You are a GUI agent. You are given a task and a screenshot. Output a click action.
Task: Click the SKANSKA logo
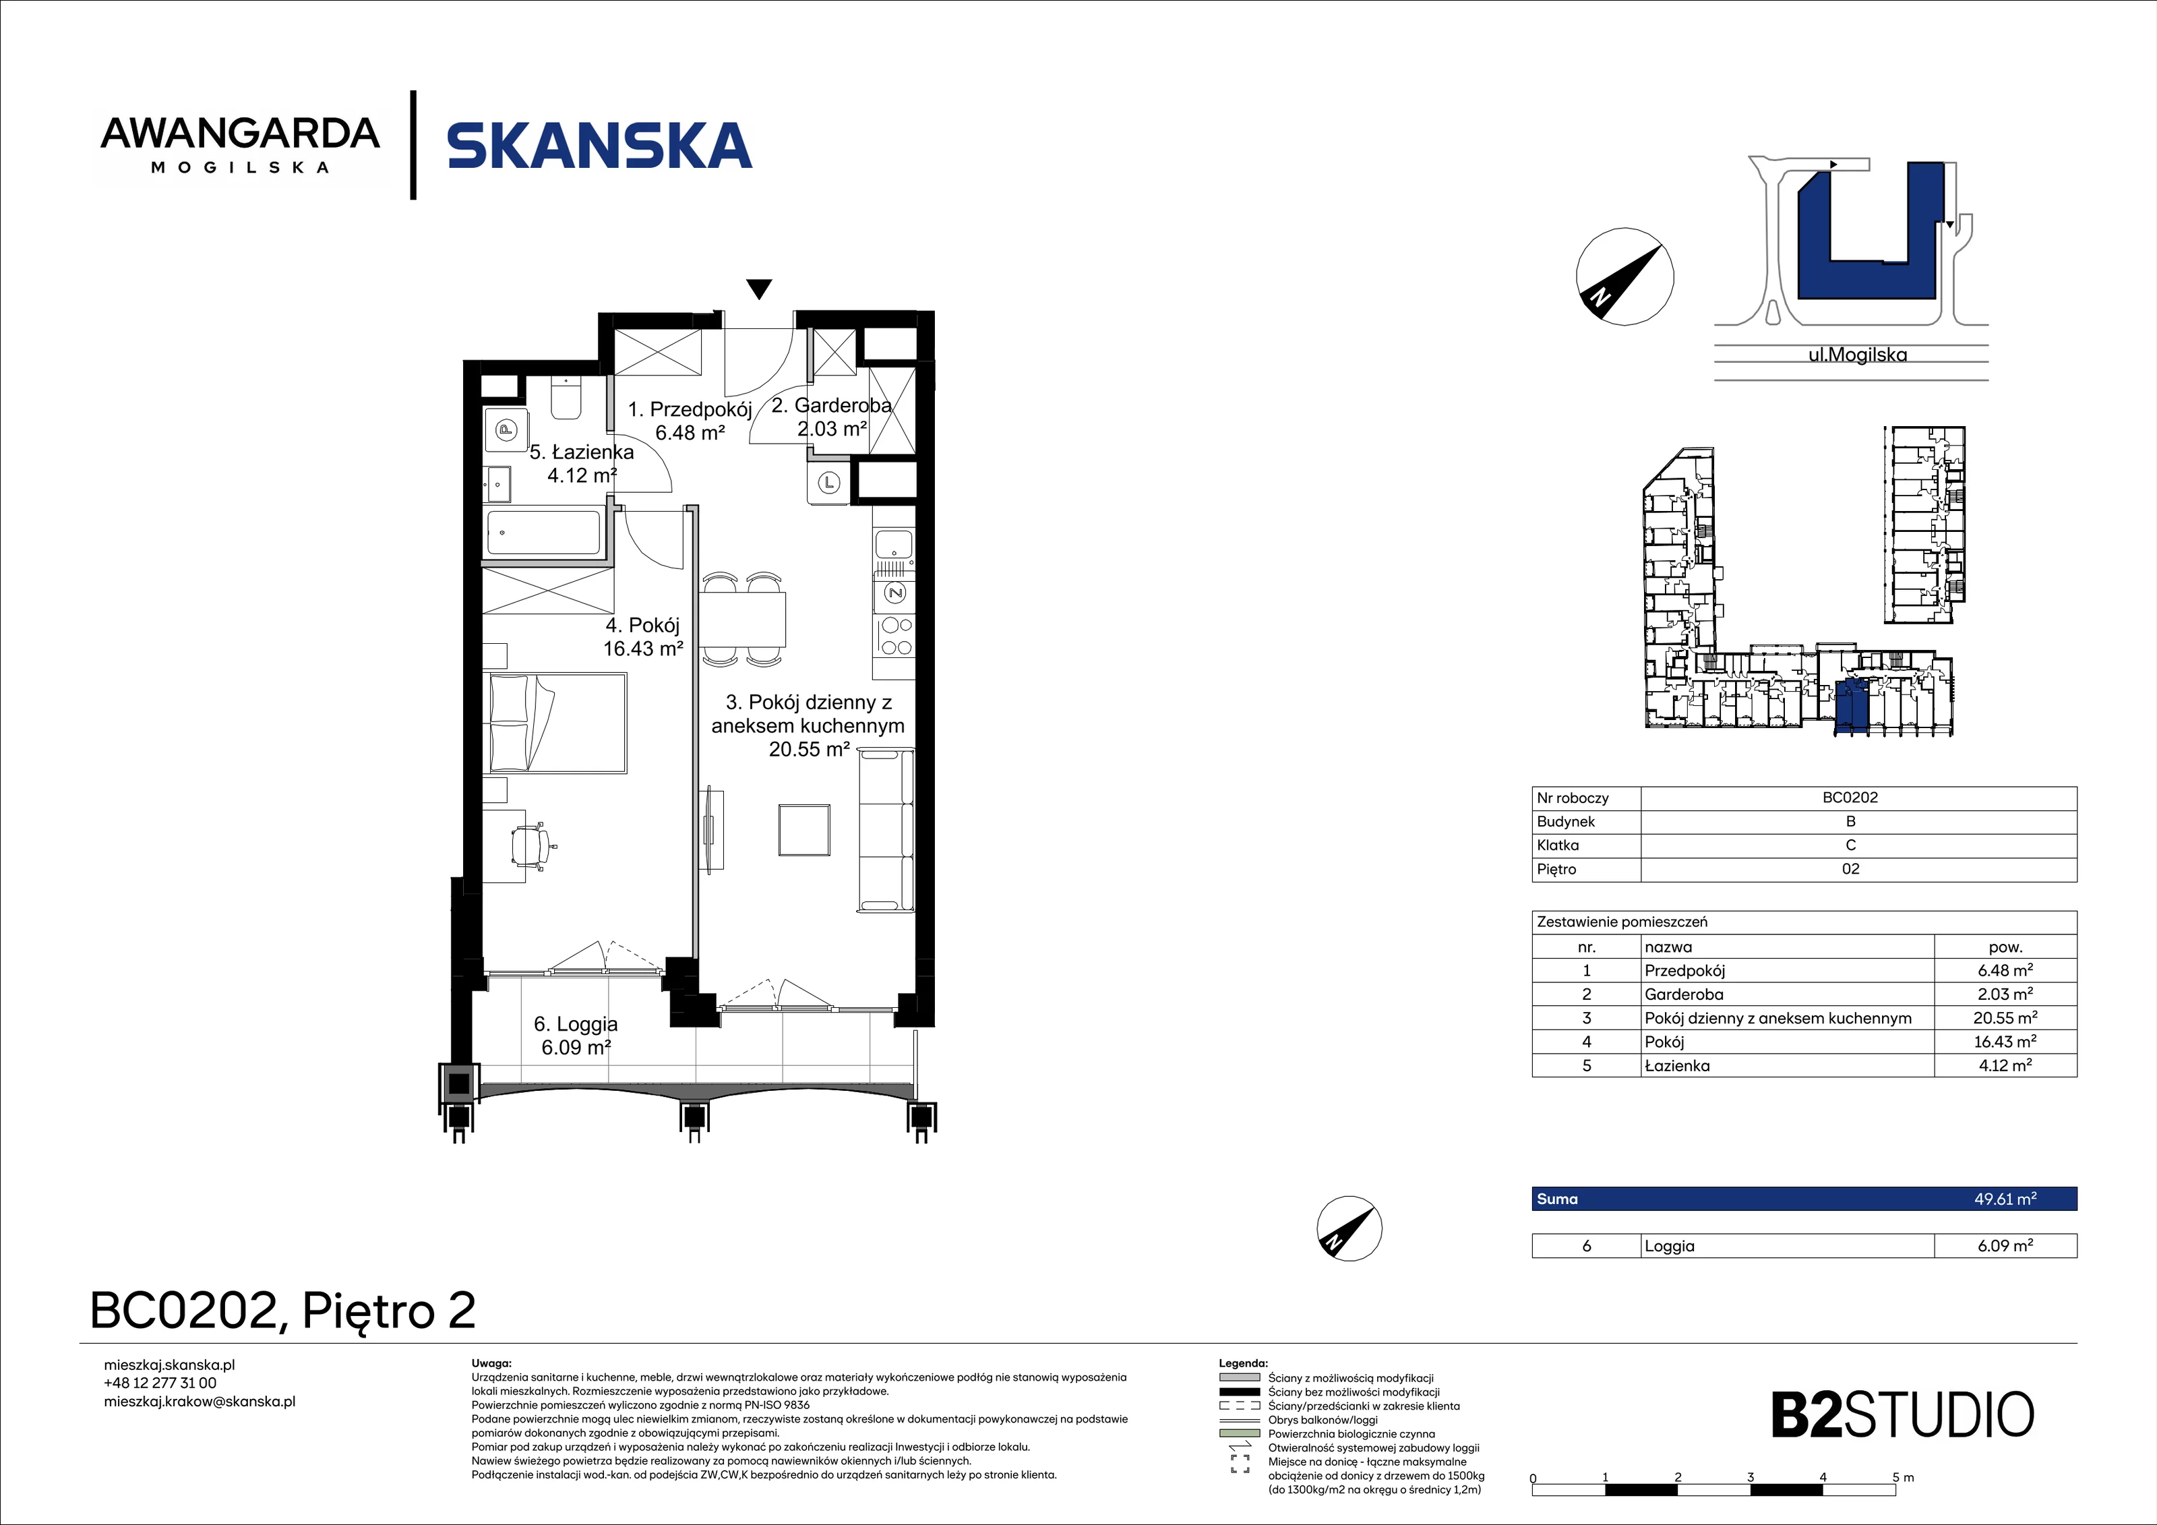pyautogui.click(x=599, y=146)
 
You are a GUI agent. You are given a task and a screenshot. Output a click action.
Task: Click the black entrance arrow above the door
pyautogui.click(x=759, y=289)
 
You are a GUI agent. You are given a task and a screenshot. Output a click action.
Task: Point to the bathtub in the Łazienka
pyautogui.click(x=544, y=533)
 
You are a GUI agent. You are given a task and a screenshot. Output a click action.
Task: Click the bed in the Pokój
pyautogui.click(x=555, y=723)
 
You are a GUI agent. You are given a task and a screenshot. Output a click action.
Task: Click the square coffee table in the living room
pyautogui.click(x=804, y=830)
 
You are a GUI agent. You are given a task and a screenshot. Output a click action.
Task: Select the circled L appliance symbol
pyautogui.click(x=828, y=483)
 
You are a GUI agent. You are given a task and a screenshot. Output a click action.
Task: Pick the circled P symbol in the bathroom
pyautogui.click(x=506, y=431)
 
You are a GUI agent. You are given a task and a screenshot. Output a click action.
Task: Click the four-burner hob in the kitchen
pyautogui.click(x=894, y=635)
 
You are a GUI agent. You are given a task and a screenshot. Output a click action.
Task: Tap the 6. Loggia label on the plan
pyautogui.click(x=576, y=1024)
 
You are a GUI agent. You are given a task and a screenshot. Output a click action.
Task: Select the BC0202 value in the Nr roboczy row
pyautogui.click(x=1850, y=798)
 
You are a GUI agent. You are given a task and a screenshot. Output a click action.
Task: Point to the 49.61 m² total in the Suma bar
pyautogui.click(x=2005, y=1199)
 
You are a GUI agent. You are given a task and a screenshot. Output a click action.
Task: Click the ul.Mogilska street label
pyautogui.click(x=1857, y=355)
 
